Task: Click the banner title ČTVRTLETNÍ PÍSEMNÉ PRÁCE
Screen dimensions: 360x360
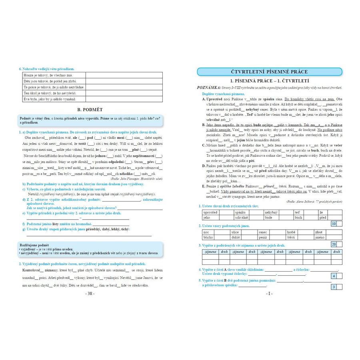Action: [270, 72]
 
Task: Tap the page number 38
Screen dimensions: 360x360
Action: [90, 293]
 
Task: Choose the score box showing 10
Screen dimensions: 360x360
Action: [334, 224]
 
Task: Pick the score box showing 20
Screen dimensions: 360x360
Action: [334, 244]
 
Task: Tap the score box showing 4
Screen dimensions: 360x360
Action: [334, 276]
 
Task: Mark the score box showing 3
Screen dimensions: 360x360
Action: [334, 287]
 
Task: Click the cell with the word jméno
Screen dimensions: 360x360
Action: [320, 237]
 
